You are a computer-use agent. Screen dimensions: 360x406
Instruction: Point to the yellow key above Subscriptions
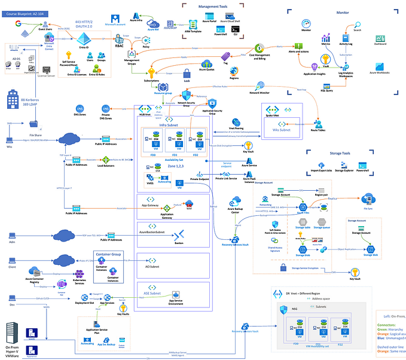click(x=152, y=71)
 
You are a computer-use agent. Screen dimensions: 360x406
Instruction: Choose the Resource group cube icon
click(x=162, y=87)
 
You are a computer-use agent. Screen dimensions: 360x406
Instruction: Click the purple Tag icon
click(x=225, y=53)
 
